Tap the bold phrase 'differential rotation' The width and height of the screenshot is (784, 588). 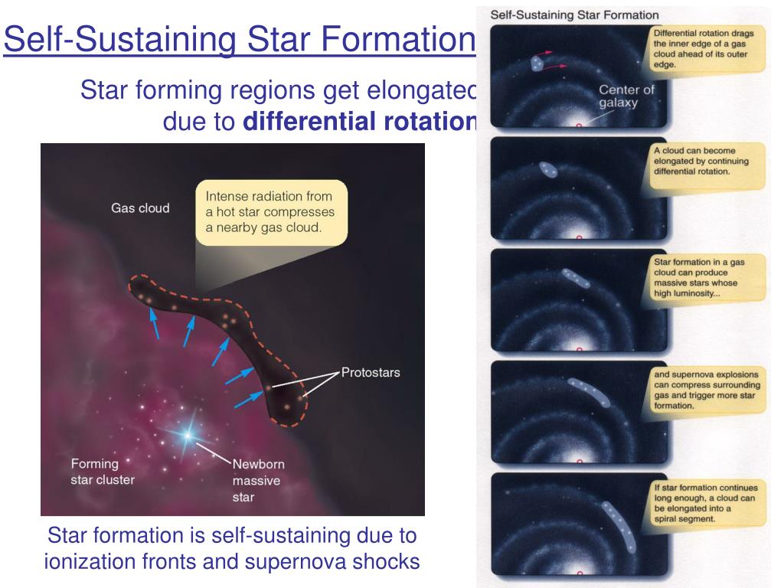coord(359,122)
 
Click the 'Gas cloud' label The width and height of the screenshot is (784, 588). coord(140,208)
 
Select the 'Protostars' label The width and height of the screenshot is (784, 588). coord(371,373)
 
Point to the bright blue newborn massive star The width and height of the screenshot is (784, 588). coord(188,435)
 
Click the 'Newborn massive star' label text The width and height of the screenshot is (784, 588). coord(258,481)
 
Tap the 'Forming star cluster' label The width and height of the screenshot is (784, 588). coord(103,472)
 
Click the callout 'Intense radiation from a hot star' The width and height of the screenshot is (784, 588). coord(270,212)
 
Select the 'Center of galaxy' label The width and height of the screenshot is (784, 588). coord(626,96)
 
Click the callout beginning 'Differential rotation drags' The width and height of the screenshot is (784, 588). coord(706,49)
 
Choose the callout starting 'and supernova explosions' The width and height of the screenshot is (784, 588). coord(707,390)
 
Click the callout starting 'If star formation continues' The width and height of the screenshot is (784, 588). coord(707,503)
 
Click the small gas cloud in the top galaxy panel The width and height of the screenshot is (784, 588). coord(537,64)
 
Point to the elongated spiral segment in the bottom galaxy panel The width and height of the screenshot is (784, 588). coord(619,526)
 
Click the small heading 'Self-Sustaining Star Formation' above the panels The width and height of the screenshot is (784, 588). coord(574,15)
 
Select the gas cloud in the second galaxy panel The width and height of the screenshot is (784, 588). coord(548,169)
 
